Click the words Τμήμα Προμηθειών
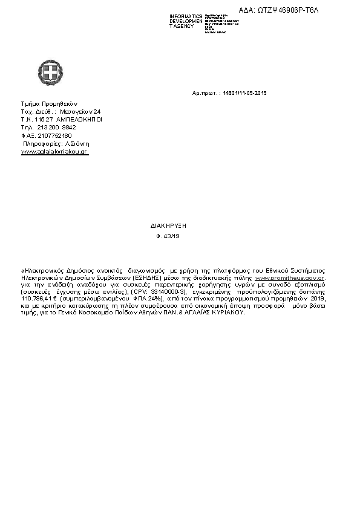(x=49, y=104)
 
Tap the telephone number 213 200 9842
(x=57, y=128)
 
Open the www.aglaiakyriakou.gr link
(x=54, y=152)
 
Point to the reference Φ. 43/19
(x=168, y=236)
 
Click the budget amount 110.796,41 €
(x=39, y=299)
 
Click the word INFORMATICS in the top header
(x=186, y=16)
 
